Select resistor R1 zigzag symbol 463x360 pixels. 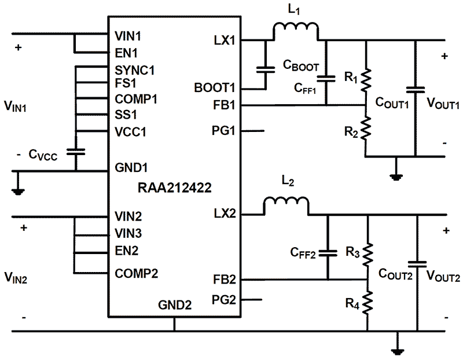(366, 82)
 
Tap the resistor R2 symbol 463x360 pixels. (366, 128)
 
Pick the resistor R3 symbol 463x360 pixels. (368, 254)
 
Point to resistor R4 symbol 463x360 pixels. (368, 303)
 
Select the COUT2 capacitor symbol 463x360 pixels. (416, 263)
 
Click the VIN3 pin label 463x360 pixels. (128, 234)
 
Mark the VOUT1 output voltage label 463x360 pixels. (443, 104)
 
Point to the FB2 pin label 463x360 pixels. (224, 280)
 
